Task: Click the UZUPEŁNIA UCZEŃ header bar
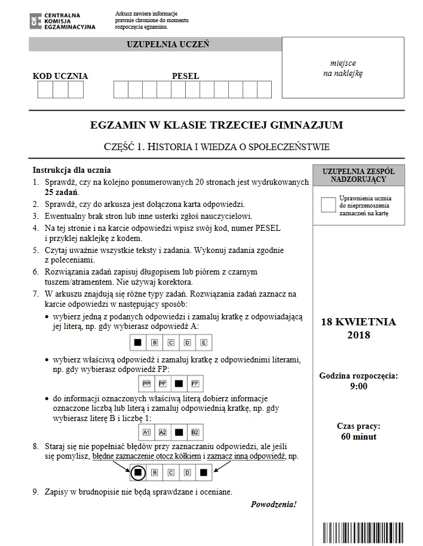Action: pos(155,45)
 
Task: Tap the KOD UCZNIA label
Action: pos(60,76)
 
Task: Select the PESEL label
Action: pos(185,76)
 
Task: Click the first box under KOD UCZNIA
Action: pos(45,90)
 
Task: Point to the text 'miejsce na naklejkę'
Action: pos(343,68)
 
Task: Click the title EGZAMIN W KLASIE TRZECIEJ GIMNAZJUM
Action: pos(216,125)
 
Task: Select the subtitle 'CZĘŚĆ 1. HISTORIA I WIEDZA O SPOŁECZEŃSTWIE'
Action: pos(216,147)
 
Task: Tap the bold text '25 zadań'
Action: pos(62,192)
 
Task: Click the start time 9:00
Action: pos(358,386)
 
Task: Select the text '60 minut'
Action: pos(358,437)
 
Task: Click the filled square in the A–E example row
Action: pos(137,343)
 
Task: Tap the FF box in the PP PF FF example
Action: pos(195,383)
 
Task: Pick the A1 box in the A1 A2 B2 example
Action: pos(146,431)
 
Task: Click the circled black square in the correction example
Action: pos(137,472)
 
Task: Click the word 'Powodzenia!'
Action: pos(274,504)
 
